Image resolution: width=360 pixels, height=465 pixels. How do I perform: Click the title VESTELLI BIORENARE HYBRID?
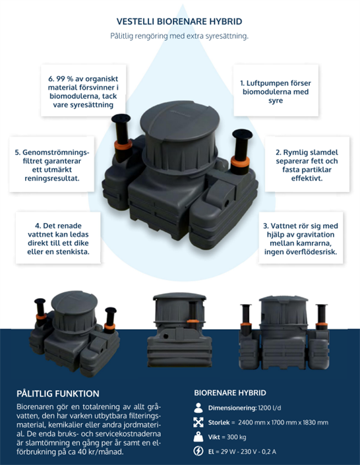179,21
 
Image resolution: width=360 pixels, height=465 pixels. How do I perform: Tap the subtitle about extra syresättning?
179,36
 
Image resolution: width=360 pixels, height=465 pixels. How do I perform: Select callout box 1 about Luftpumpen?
276,90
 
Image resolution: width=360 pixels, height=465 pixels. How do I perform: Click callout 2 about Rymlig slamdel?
307,164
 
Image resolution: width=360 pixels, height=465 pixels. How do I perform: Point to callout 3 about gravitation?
301,237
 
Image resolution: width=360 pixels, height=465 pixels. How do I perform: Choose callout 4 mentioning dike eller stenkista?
58,237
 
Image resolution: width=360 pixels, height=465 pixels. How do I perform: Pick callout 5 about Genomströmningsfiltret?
51,164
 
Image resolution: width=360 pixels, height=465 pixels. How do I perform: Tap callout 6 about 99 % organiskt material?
83,90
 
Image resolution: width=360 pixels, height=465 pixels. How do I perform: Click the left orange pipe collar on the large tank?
123,144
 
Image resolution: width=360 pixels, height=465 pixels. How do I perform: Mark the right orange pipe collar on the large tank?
240,162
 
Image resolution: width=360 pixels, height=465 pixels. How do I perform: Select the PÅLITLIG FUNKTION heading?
58,394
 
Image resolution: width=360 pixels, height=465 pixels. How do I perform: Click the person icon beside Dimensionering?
198,408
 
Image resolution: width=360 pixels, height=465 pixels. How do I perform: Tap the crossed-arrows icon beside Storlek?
198,422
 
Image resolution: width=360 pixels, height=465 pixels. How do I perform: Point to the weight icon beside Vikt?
198,437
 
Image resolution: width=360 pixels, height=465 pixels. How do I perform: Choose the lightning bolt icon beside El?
198,451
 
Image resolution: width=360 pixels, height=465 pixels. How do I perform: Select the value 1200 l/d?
269,408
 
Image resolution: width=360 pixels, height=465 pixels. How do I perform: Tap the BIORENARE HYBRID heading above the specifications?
230,392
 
